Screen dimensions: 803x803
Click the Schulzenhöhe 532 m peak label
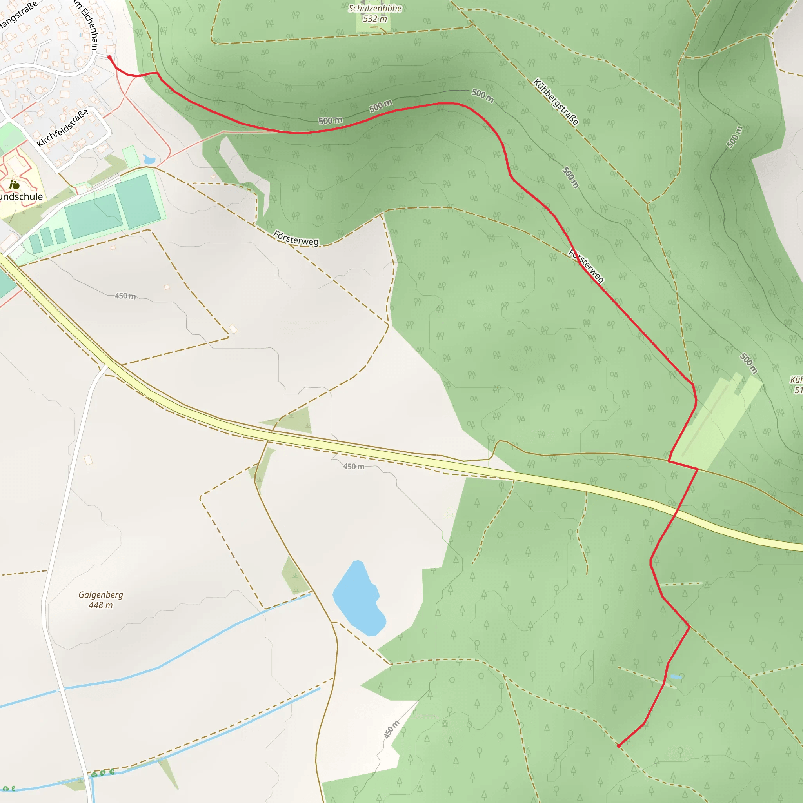pyautogui.click(x=375, y=14)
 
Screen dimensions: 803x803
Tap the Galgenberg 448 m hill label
pyautogui.click(x=101, y=600)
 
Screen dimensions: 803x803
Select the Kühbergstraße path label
pyautogui.click(x=556, y=102)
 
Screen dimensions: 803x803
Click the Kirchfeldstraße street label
pyautogui.click(x=63, y=128)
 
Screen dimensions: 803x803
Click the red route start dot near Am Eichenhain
pyautogui.click(x=109, y=57)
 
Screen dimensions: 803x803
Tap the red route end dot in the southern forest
pyautogui.click(x=618, y=746)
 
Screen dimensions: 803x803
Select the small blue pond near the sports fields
pyautogui.click(x=149, y=160)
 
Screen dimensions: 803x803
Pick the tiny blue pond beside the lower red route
pyautogui.click(x=676, y=677)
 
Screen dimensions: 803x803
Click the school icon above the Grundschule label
pyautogui.click(x=15, y=185)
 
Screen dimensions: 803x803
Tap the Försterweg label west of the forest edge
pyautogui.click(x=296, y=238)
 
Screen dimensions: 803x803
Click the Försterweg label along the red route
pyautogui.click(x=586, y=266)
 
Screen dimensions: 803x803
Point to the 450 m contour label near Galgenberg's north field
pyautogui.click(x=125, y=296)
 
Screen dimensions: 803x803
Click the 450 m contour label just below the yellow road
pyautogui.click(x=354, y=466)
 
